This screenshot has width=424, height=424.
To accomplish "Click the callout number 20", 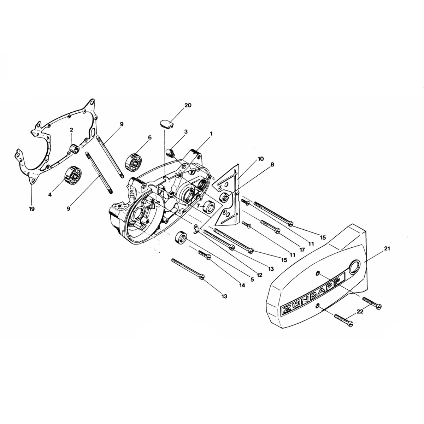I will (188, 105).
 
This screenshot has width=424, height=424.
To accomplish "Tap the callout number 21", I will (387, 249).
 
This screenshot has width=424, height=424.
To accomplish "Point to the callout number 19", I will (32, 209).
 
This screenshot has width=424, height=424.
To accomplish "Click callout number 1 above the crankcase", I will (211, 134).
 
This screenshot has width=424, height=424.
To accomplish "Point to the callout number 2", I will (71, 130).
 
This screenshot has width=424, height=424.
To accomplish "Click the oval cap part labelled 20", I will (165, 123).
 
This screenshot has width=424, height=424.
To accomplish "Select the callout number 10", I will (261, 159).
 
